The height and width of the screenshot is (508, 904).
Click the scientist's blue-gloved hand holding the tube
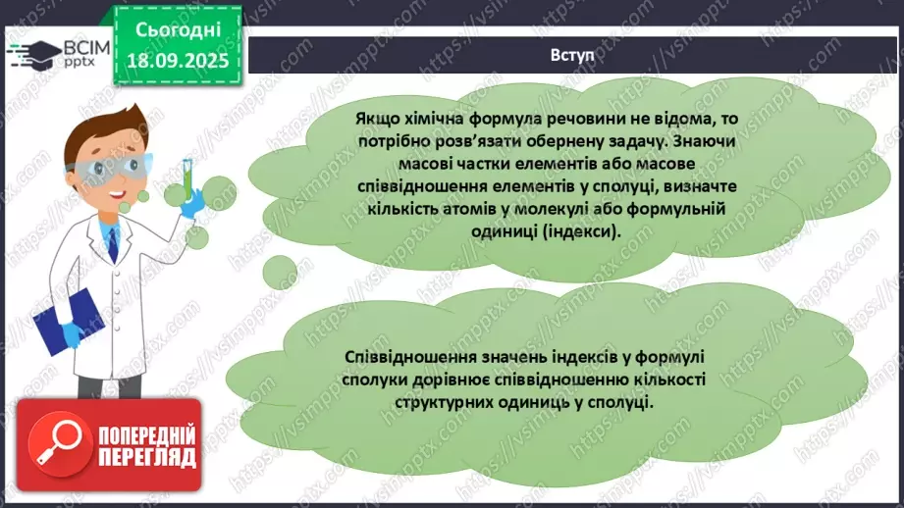pos(192,201)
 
